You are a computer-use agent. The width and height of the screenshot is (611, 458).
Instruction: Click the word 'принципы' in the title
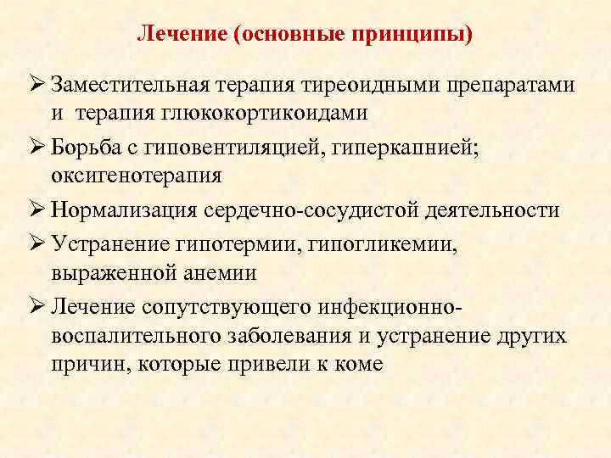[414, 36]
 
